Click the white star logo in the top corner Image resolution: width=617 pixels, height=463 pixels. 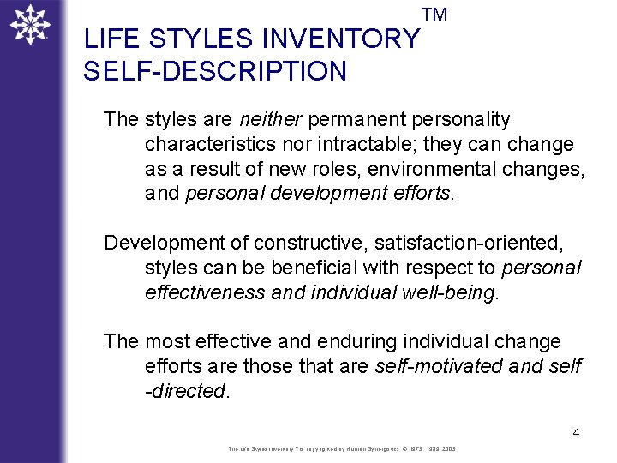[x=30, y=24]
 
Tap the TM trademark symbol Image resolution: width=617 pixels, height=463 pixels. [x=434, y=15]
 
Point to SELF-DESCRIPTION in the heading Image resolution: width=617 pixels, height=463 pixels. [x=215, y=71]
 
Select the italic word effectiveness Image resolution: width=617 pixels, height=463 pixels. [x=206, y=292]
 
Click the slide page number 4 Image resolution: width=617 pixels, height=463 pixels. [x=576, y=432]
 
